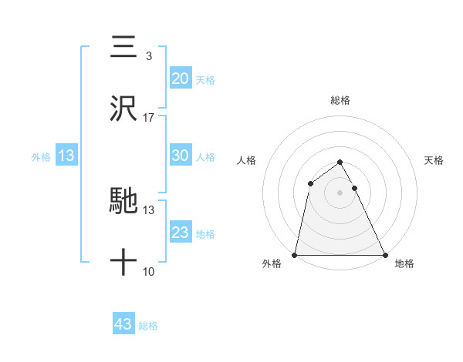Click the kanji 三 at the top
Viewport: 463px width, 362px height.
pos(123,47)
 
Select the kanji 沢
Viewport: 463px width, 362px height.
pos(123,108)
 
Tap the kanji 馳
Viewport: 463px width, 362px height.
pos(123,201)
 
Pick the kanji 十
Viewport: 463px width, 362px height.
pos(123,263)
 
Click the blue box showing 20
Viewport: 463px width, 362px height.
pos(181,78)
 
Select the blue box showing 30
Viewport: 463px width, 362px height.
pos(181,156)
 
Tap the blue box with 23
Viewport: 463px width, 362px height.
pos(181,233)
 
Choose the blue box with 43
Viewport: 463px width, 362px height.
pos(123,324)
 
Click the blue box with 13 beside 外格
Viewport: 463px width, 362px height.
pos(66,156)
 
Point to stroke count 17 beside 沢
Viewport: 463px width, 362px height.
pos(149,118)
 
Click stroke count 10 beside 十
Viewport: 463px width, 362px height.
pos(149,271)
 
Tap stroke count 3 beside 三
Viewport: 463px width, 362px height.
pos(148,56)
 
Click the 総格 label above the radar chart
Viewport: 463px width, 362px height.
pos(340,100)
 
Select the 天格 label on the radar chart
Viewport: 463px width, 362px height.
pos(434,160)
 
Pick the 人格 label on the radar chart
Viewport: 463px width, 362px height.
pos(246,160)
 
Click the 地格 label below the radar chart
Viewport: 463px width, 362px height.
pos(404,263)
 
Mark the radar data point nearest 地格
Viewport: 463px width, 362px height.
pos(384,255)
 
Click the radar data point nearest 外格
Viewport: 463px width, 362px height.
pos(295,255)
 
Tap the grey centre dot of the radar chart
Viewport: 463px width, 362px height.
pos(340,193)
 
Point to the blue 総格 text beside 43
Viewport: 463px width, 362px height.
pos(149,326)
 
